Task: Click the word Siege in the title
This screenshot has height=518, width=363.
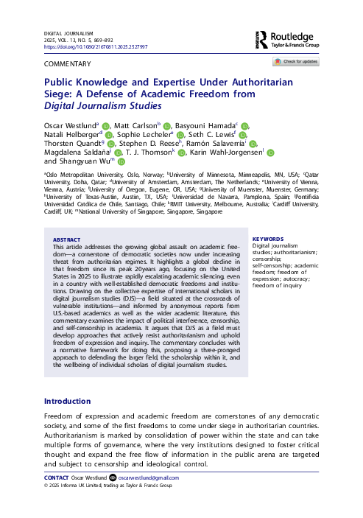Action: pos(60,94)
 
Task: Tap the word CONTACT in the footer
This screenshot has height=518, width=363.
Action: pos(58,478)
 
